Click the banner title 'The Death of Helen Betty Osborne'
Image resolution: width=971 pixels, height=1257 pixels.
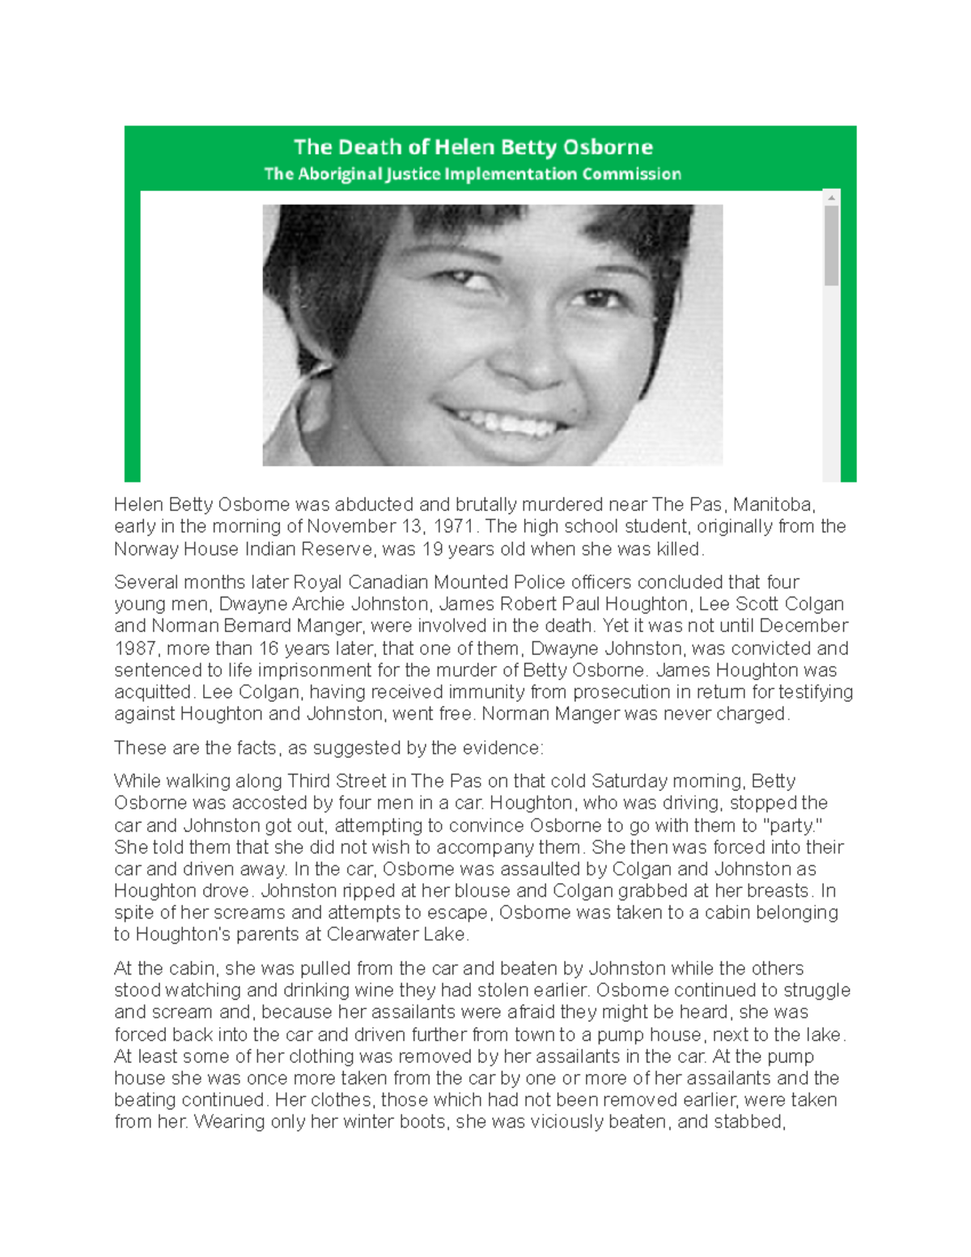473,147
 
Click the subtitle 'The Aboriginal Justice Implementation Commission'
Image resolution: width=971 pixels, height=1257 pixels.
473,174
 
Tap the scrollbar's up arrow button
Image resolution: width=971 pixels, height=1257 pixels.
831,197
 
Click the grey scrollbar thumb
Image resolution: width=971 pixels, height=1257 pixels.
831,245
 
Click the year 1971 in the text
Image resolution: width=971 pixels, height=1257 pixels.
453,527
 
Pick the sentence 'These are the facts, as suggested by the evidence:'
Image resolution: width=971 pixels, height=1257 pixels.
329,749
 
